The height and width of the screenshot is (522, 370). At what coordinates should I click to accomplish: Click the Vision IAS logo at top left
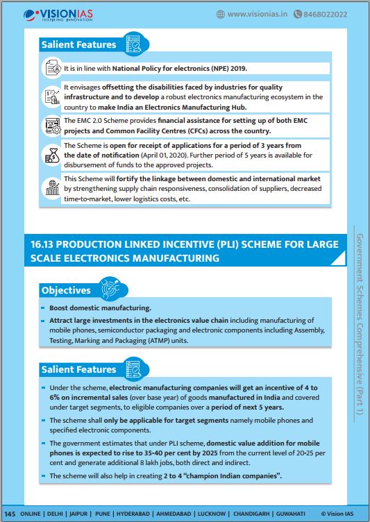tap(58, 15)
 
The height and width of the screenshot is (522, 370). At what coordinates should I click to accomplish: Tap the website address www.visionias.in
tap(257, 14)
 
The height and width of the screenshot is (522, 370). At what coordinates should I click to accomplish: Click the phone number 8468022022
tap(325, 15)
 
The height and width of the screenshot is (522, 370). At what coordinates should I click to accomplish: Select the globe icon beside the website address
tap(221, 14)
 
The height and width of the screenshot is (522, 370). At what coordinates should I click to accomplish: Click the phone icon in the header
tap(297, 14)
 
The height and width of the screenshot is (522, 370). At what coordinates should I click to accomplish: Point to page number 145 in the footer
tap(10, 514)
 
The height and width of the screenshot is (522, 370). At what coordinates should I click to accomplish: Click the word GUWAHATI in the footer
tap(290, 514)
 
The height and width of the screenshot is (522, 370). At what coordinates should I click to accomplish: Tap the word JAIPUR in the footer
tap(78, 514)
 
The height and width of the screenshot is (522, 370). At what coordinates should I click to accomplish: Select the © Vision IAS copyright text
tap(337, 514)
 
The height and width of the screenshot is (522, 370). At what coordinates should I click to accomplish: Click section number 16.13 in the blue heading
tap(42, 244)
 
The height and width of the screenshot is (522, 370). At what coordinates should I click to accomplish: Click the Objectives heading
tap(66, 290)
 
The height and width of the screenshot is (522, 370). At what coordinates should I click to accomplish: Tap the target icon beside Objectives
tap(111, 287)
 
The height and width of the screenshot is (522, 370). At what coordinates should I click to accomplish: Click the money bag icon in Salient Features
tap(52, 155)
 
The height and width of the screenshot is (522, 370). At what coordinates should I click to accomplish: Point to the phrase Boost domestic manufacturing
tap(100, 308)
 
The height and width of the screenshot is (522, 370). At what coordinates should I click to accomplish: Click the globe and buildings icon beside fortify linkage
tap(52, 187)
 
